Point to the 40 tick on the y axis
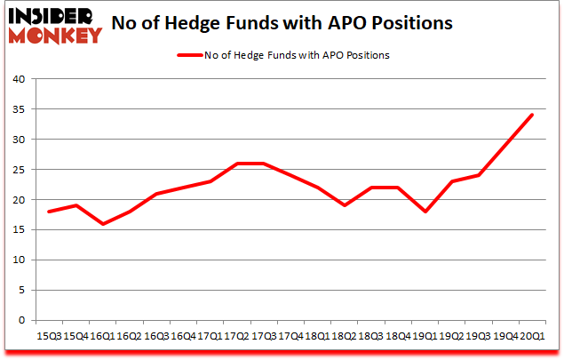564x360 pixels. (x=18, y=79)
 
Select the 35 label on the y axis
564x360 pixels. (x=18, y=109)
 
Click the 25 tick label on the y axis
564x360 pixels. (x=18, y=170)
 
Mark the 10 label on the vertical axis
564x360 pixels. (x=18, y=260)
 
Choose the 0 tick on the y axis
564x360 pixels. (x=21, y=321)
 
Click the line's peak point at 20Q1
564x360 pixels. (x=533, y=115)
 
